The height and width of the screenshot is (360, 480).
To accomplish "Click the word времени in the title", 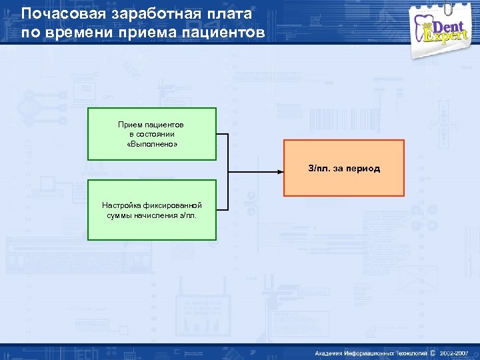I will coord(75,32).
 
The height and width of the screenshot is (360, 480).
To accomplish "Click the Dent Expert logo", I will coord(443,29).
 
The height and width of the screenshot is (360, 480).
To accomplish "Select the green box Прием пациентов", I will coord(152,134).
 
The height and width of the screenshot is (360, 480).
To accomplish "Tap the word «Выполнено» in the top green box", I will coord(152,144).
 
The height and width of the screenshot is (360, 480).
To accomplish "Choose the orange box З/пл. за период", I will coord(344,168).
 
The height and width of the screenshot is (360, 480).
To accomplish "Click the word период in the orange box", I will coord(362,169).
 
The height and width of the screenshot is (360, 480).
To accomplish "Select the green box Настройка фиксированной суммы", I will coord(152,210).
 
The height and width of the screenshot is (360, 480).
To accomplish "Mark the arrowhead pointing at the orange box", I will coord(280,171).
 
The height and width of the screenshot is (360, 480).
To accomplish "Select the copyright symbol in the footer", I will coord(433,352).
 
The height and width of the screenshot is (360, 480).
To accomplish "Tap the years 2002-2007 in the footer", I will coord(454,352).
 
